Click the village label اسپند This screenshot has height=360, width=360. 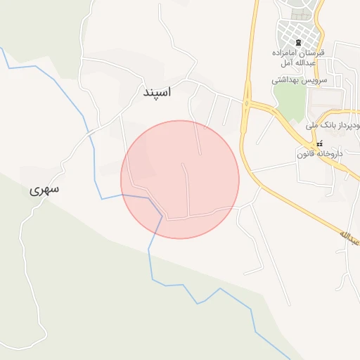click(x=157, y=92)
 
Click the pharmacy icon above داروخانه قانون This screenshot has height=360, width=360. click(x=320, y=143)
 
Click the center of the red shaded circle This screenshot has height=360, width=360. click(x=180, y=179)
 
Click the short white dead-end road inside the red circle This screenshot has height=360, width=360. click(x=187, y=186)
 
